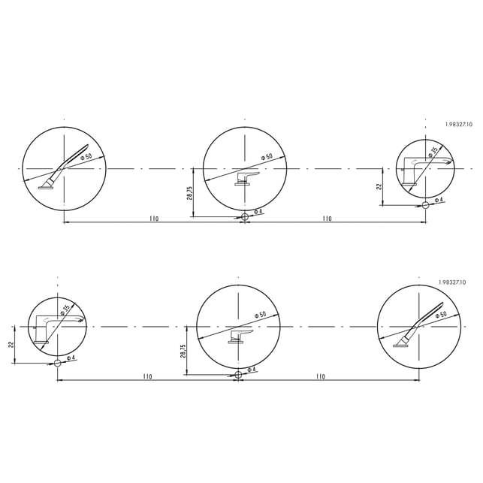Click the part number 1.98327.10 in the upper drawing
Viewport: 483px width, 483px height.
click(458, 125)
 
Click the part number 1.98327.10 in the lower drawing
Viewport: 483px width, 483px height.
click(452, 282)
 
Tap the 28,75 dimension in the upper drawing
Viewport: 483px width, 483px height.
click(190, 193)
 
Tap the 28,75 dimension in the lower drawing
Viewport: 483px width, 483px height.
click(183, 351)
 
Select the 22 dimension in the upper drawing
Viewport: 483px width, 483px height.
click(379, 187)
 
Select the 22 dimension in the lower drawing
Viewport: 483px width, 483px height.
click(11, 344)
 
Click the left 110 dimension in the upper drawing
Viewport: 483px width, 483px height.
click(154, 219)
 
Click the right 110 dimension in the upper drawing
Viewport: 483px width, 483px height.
click(328, 219)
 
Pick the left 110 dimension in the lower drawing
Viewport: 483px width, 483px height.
click(147, 377)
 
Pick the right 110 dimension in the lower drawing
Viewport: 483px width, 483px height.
click(321, 377)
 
